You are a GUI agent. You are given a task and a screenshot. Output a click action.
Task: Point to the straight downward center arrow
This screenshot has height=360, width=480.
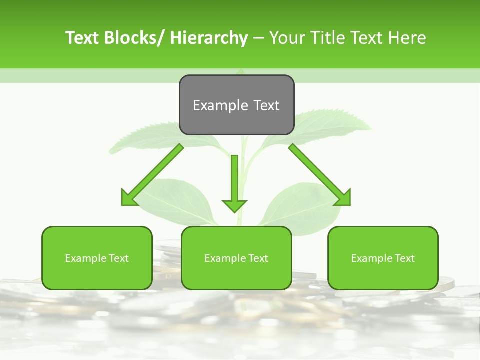[x=234, y=180]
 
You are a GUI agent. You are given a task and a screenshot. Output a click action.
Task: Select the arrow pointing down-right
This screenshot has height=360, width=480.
[x=320, y=175]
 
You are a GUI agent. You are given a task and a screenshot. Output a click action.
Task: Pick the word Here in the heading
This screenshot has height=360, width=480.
[x=407, y=38]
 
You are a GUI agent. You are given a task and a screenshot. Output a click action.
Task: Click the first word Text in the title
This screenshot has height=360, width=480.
[x=82, y=38]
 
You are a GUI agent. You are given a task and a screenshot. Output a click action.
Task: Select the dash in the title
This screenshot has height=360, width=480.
[x=258, y=38]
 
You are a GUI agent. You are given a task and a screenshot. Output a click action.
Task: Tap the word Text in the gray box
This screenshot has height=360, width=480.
[x=265, y=105]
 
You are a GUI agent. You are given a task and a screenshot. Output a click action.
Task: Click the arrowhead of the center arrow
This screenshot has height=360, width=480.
[x=234, y=205]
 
